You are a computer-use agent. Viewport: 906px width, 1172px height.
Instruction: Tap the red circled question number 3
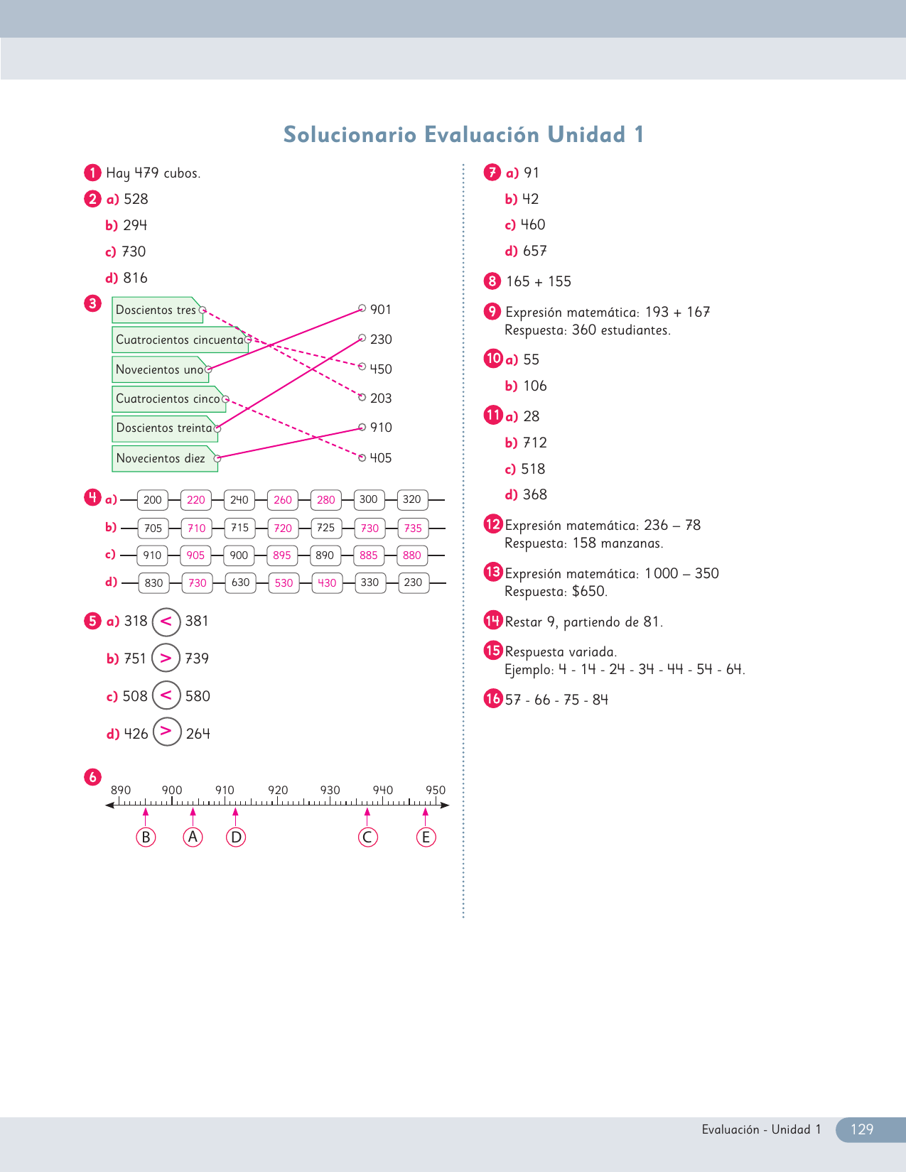92,303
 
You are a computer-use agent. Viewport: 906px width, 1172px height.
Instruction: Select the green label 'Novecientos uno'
159,369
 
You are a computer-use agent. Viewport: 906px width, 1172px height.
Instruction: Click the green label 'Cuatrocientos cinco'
168,398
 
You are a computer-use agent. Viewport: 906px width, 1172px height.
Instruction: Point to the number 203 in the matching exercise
381,398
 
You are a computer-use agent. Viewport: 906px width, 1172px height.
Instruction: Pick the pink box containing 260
283,499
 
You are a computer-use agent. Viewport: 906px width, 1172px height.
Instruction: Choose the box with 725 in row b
326,528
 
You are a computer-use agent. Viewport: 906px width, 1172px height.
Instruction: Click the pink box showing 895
282,555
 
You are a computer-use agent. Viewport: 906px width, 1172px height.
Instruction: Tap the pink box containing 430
327,582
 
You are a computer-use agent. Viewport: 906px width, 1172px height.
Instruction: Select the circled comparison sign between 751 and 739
166,658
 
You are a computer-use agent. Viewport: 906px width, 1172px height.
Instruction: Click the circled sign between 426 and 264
167,731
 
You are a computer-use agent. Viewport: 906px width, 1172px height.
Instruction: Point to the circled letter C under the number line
367,837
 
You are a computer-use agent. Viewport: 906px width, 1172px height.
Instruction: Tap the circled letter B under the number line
146,837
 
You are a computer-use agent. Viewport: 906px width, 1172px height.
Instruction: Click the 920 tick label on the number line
278,790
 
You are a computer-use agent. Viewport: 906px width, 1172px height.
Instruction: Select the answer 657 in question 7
535,251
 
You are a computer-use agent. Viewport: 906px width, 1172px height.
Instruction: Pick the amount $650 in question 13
589,591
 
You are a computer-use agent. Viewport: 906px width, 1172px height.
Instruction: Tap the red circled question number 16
493,699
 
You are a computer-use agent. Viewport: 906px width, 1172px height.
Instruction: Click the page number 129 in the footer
862,1129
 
